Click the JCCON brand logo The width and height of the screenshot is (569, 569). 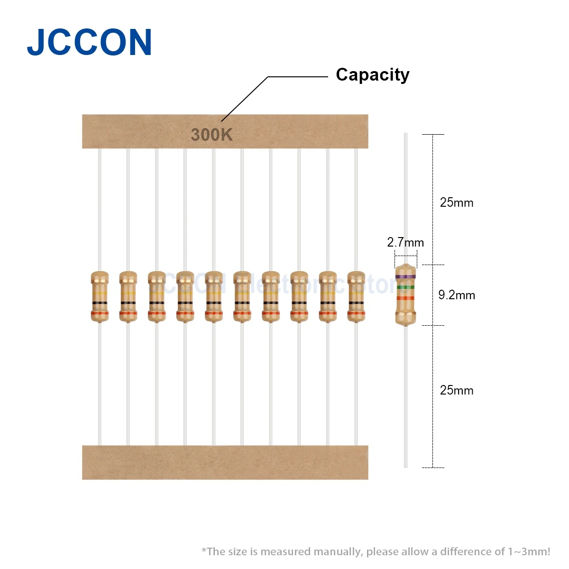[89, 43]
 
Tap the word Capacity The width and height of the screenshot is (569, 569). [372, 75]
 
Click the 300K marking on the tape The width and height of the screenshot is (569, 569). [211, 135]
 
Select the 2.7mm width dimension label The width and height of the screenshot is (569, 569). [405, 242]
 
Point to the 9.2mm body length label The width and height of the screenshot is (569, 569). [457, 295]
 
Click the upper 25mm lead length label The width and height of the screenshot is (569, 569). [457, 202]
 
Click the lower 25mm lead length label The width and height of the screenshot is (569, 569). [457, 390]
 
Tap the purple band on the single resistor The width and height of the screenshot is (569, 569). [405, 276]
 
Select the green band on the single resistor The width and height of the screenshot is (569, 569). [405, 287]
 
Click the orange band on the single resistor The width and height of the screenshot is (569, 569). [405, 298]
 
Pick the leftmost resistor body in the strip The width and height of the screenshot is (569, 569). [100, 296]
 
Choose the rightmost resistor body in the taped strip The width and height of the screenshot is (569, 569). [356, 296]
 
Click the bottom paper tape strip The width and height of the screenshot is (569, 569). [225, 462]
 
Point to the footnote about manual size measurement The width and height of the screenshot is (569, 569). [376, 551]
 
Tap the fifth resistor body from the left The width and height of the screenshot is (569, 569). [214, 296]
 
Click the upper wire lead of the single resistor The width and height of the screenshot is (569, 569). [405, 199]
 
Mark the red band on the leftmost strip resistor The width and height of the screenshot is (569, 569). [100, 313]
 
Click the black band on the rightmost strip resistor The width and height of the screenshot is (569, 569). [356, 303]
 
